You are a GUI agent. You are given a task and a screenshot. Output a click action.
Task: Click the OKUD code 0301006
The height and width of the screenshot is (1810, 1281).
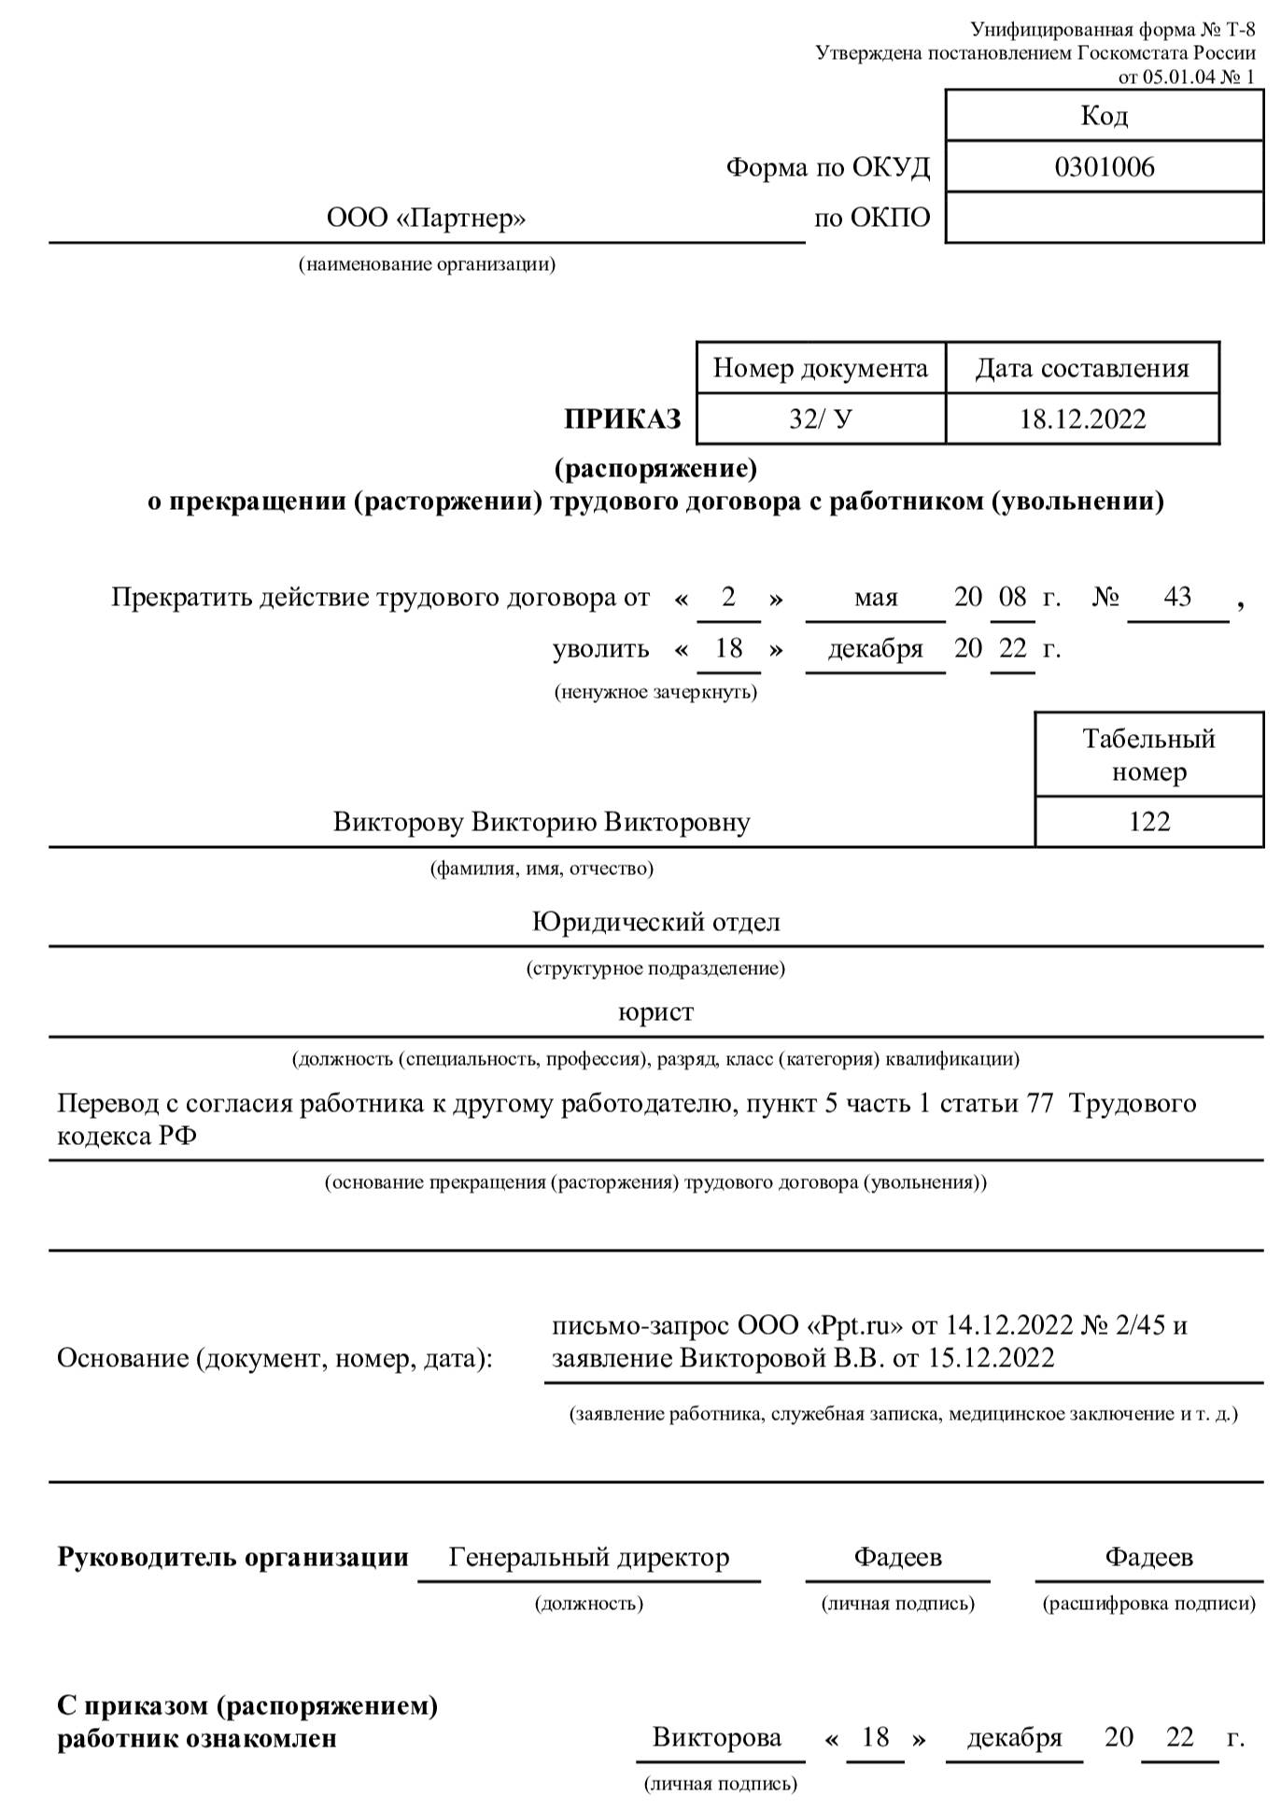pyautogui.click(x=1104, y=167)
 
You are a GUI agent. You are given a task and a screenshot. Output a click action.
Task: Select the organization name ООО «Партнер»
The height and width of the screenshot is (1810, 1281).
pyautogui.click(x=426, y=219)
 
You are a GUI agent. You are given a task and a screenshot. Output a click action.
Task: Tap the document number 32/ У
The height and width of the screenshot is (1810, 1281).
pyautogui.click(x=820, y=418)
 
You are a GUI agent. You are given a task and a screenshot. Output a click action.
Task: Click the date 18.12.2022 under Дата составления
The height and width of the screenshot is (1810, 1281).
pyautogui.click(x=1082, y=418)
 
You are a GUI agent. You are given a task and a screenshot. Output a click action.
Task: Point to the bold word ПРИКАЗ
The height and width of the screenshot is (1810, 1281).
pyautogui.click(x=623, y=419)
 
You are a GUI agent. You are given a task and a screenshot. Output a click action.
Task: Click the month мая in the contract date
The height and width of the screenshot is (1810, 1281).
pyautogui.click(x=875, y=597)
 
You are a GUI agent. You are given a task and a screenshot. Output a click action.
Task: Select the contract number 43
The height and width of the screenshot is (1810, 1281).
pyautogui.click(x=1177, y=596)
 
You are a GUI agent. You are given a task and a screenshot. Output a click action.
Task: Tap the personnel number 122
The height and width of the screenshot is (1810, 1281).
pyautogui.click(x=1148, y=821)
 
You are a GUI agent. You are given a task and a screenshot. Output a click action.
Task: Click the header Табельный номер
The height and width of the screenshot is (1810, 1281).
pyautogui.click(x=1148, y=755)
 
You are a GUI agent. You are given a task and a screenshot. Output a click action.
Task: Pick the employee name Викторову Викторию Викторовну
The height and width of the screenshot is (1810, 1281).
pyautogui.click(x=542, y=822)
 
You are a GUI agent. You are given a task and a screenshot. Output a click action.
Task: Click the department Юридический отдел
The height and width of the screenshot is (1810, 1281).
pyautogui.click(x=655, y=922)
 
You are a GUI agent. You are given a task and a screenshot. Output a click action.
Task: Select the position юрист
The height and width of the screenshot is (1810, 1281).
pyautogui.click(x=655, y=1012)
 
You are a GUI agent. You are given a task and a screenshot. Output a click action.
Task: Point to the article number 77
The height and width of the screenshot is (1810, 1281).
pyautogui.click(x=1039, y=1103)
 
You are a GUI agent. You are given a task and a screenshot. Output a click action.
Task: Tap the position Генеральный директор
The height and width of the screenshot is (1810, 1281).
pyautogui.click(x=588, y=1557)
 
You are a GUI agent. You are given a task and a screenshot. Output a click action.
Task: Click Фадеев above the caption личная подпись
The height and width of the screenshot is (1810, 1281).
pyautogui.click(x=897, y=1557)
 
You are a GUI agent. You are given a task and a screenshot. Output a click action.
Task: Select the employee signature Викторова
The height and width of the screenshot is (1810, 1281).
pyautogui.click(x=716, y=1737)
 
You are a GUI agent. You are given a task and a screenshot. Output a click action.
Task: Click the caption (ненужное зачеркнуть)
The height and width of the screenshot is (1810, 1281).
pyautogui.click(x=655, y=692)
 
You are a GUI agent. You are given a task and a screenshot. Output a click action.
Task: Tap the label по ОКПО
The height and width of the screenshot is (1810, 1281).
pyautogui.click(x=872, y=219)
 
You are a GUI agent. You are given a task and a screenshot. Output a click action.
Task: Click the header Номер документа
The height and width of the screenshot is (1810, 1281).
pyautogui.click(x=820, y=368)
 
